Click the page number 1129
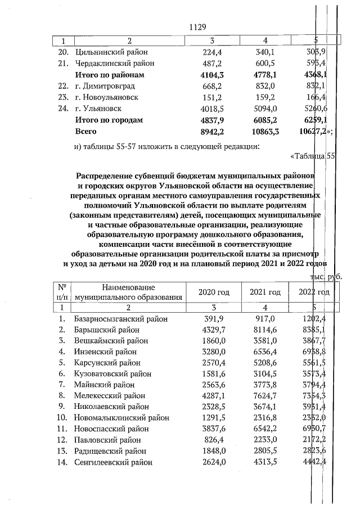198,26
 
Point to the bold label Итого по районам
110,75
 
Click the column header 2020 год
214,292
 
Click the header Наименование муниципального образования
129,292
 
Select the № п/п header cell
62,292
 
